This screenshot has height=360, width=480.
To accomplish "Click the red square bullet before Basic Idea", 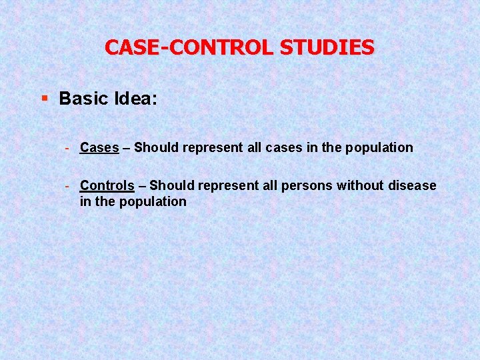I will pos(45,99).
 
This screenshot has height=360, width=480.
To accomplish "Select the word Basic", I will pos(83,99).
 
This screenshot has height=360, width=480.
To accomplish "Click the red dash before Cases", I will pos(68,147).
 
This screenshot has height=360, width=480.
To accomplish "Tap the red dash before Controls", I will pos(68,185).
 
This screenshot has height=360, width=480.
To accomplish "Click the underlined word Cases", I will pos(99,147).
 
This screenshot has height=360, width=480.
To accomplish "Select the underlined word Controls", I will pos(107,185).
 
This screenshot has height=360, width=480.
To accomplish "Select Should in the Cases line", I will pos(155,147).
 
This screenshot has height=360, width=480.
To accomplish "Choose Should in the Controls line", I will pos(170,185).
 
